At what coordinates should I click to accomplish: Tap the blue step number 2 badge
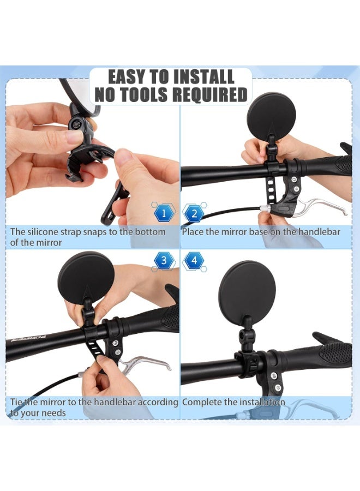click(193, 213)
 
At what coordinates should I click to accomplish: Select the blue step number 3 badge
click(164, 260)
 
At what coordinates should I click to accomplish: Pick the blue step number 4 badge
click(193, 260)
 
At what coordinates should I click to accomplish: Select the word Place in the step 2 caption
click(194, 232)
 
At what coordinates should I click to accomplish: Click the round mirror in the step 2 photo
click(271, 119)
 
